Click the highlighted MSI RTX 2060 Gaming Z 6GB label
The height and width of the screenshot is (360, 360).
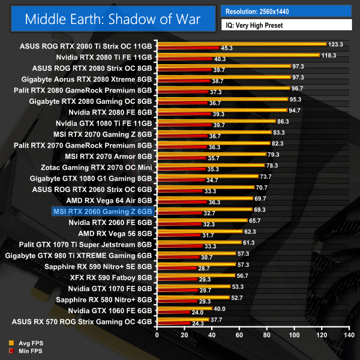(x=103, y=211)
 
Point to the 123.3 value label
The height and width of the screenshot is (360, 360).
(x=335, y=44)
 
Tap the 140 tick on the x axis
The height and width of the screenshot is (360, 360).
(x=347, y=335)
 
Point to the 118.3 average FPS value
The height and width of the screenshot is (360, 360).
(x=328, y=55)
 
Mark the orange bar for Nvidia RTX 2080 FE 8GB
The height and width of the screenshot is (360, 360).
(x=221, y=110)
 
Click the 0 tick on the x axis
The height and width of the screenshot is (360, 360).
(x=157, y=335)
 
